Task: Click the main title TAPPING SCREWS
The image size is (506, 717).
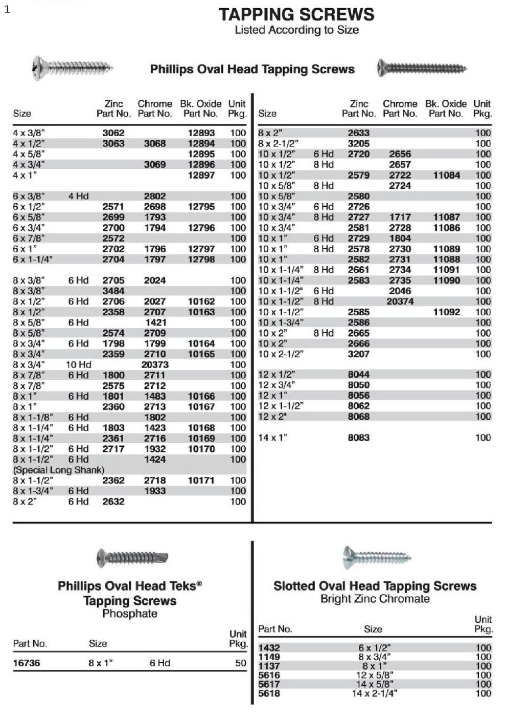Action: pyautogui.click(x=296, y=14)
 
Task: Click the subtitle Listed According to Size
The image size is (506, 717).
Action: pyautogui.click(x=296, y=30)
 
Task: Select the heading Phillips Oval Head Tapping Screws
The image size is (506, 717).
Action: pyautogui.click(x=252, y=70)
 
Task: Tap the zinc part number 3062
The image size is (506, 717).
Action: pyautogui.click(x=113, y=133)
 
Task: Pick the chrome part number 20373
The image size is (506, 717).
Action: pyautogui.click(x=154, y=365)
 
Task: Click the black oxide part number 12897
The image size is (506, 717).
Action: pyautogui.click(x=201, y=175)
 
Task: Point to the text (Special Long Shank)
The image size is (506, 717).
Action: pyautogui.click(x=59, y=470)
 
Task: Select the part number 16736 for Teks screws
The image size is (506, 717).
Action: pyautogui.click(x=26, y=663)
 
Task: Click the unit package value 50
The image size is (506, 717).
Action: pyautogui.click(x=240, y=663)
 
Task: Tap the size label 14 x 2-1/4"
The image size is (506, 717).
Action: pyautogui.click(x=374, y=693)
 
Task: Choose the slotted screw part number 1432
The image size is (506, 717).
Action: pyautogui.click(x=269, y=648)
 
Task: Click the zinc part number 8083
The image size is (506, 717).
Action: pyautogui.click(x=358, y=438)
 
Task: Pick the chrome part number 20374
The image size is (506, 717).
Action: pyautogui.click(x=400, y=301)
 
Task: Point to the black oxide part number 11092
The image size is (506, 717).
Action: pyautogui.click(x=446, y=312)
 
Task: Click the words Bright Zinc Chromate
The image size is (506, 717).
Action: pyautogui.click(x=375, y=599)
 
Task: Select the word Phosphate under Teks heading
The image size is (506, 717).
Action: pyautogui.click(x=130, y=614)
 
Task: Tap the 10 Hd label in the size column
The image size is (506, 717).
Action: pyautogui.click(x=78, y=365)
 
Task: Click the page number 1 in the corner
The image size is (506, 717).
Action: pyautogui.click(x=7, y=9)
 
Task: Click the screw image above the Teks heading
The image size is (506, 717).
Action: pyautogui.click(x=132, y=557)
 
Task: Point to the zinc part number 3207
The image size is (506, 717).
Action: pyautogui.click(x=358, y=354)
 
